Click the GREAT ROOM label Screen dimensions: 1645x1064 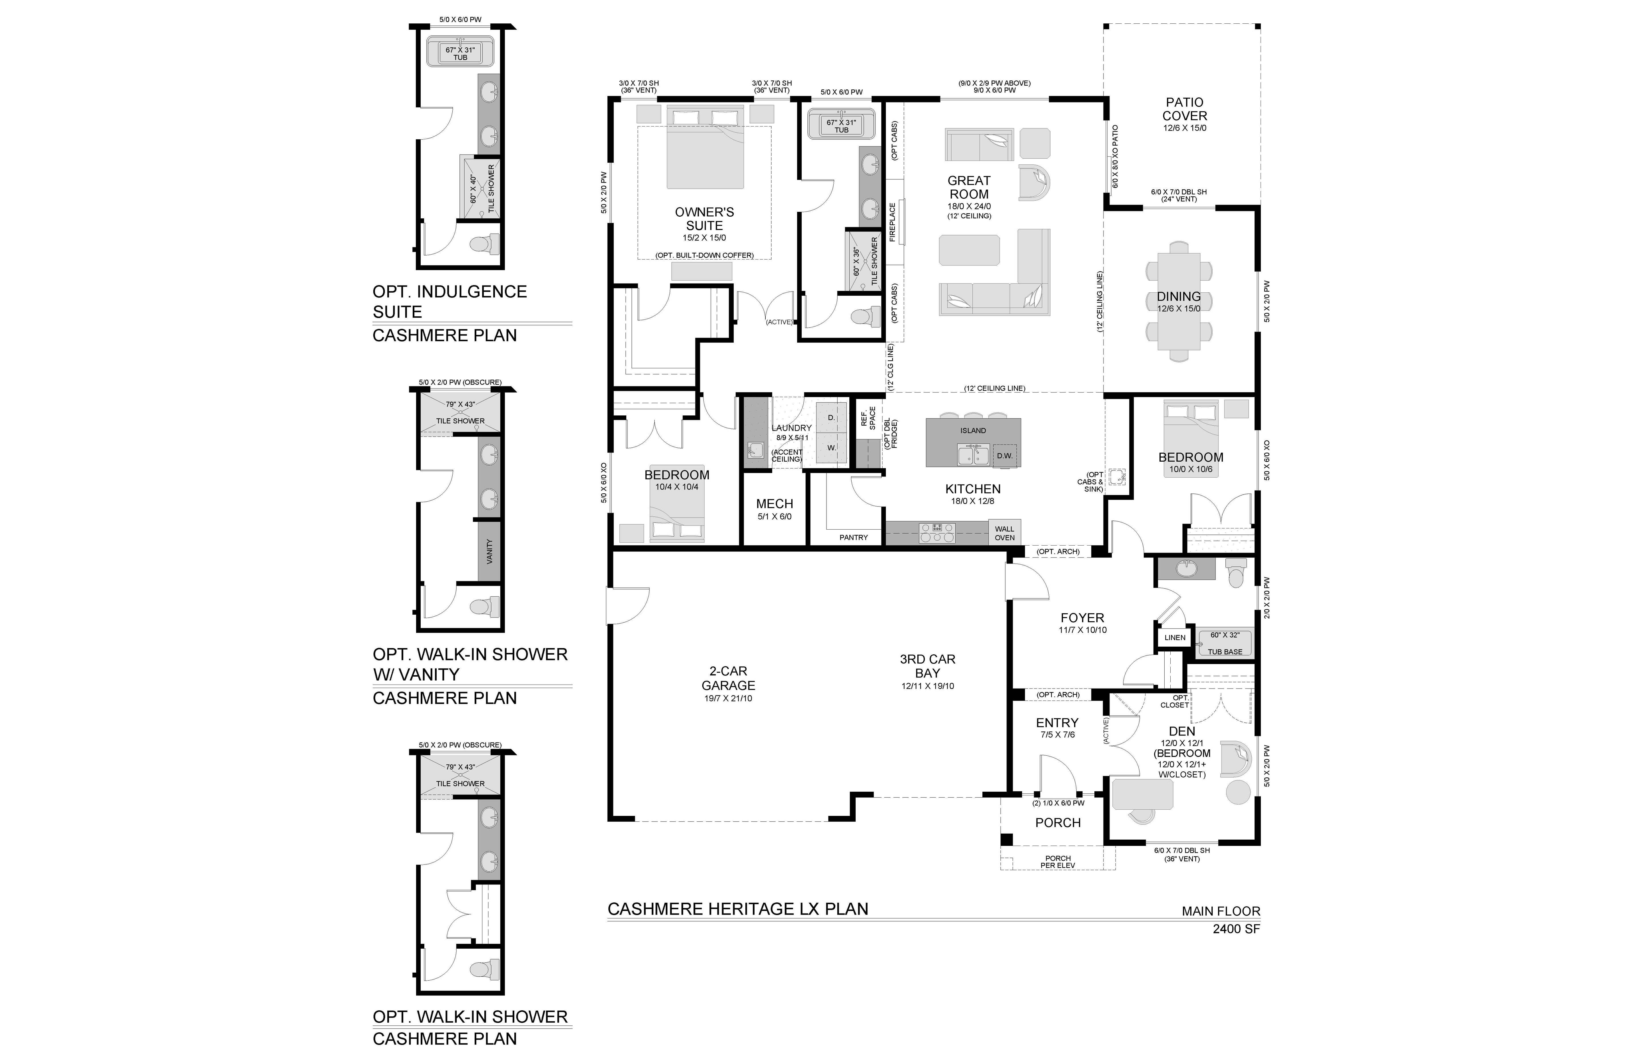[969, 187]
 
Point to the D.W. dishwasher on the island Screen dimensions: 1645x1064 [1004, 455]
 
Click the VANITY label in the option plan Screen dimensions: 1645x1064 [489, 551]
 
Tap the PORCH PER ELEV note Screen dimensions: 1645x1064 [1058, 862]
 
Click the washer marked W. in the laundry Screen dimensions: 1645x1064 [831, 448]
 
